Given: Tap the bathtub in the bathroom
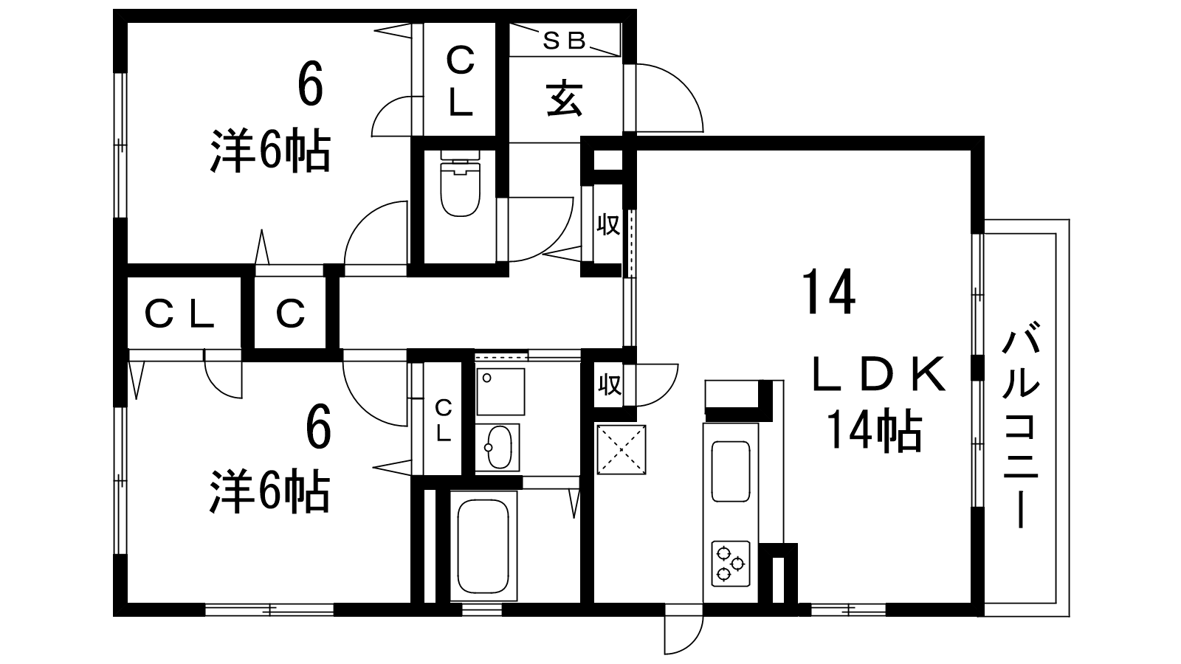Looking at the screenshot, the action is (x=483, y=547).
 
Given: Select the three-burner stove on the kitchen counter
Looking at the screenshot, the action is (x=731, y=564).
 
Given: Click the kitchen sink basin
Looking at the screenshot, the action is (x=731, y=471).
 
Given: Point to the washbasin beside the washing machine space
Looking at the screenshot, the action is (x=497, y=447).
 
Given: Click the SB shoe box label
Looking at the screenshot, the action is (x=564, y=41).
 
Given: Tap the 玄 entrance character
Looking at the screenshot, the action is (x=564, y=98).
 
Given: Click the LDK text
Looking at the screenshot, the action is (x=878, y=375).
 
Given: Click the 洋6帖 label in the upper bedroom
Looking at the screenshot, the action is (x=270, y=151).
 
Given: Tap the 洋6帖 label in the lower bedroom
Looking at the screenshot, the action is (x=270, y=491).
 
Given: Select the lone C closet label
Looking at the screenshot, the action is (x=291, y=314).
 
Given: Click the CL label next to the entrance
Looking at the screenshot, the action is (x=461, y=81).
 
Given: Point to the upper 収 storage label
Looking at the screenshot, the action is (x=608, y=225).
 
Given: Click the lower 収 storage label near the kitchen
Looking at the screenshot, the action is (x=609, y=384).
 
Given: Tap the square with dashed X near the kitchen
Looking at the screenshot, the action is (x=621, y=449).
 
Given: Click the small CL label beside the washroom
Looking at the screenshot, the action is (x=444, y=421).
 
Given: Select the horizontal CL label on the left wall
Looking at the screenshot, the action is (x=179, y=314).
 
